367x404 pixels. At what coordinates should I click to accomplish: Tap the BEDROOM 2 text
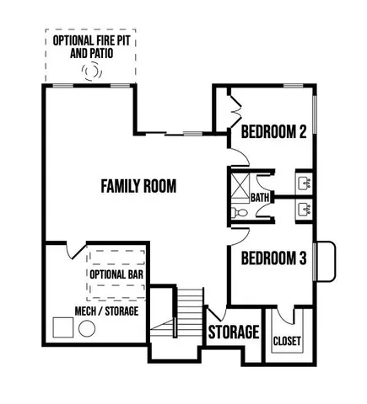tap(273, 132)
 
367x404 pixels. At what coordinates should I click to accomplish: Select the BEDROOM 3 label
tap(273, 258)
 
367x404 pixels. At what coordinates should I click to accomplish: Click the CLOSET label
tap(287, 341)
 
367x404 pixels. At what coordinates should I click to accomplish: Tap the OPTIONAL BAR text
tap(117, 274)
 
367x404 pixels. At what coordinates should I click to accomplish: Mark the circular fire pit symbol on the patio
tap(89, 72)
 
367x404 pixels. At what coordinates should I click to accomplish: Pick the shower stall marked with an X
tap(240, 183)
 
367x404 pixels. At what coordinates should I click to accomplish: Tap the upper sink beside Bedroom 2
tap(303, 182)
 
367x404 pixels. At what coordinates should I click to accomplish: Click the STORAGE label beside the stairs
tap(233, 332)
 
